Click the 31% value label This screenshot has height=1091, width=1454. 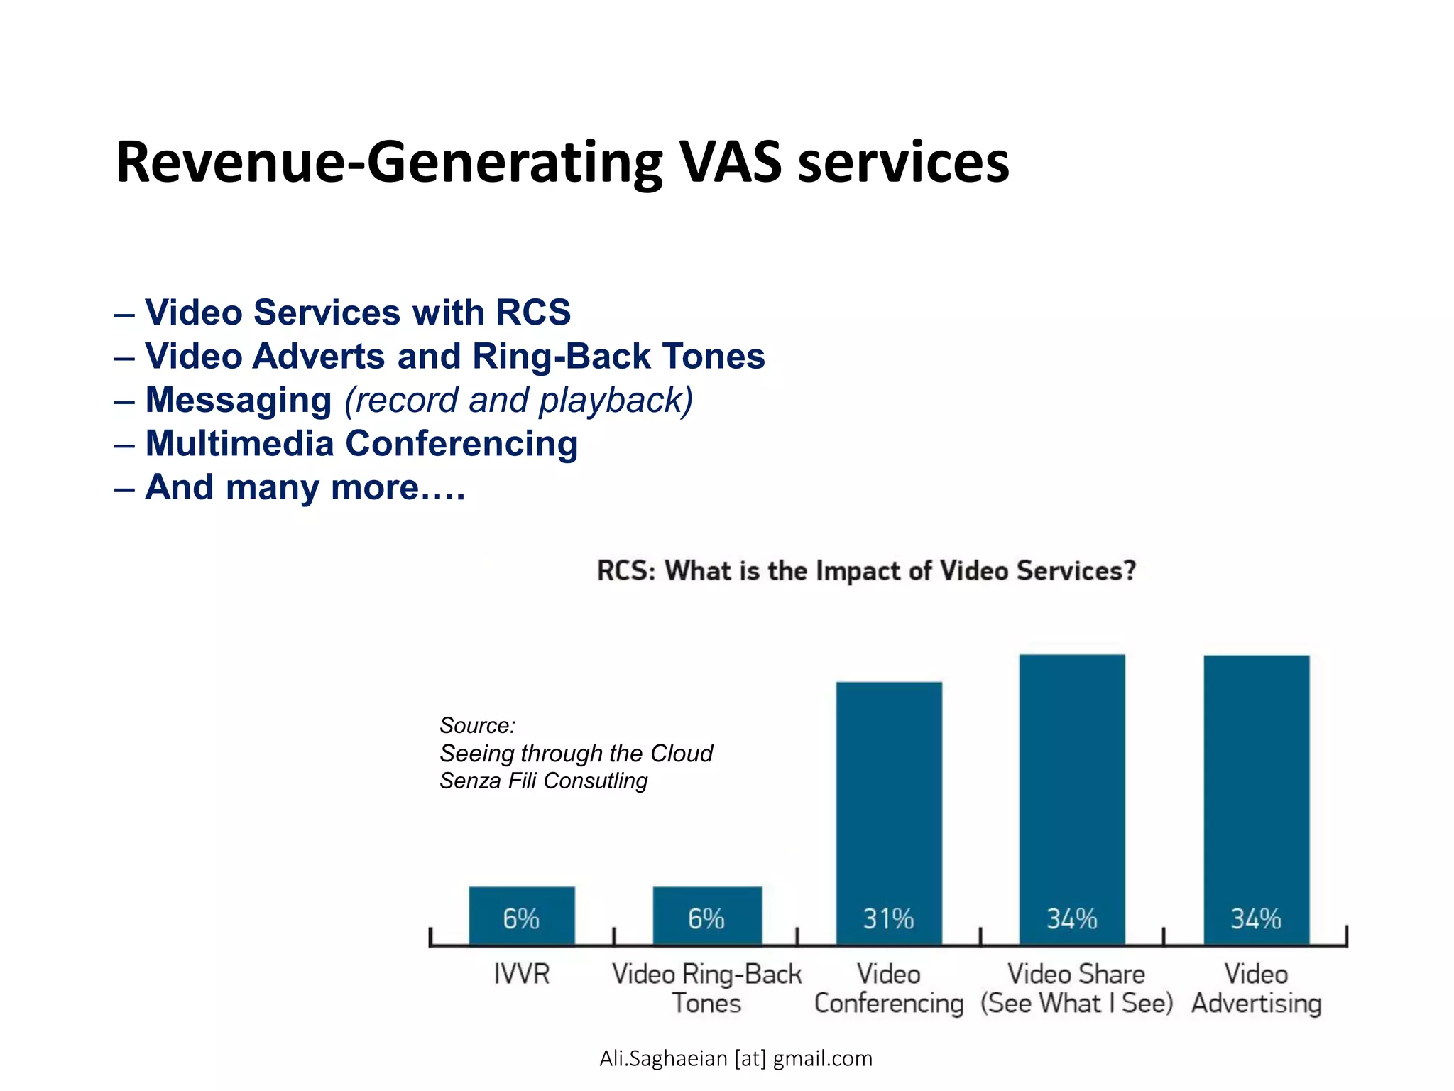[888, 919]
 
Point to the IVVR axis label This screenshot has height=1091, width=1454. [522, 974]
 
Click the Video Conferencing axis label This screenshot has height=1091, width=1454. [889, 989]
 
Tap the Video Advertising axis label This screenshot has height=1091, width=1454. [1256, 989]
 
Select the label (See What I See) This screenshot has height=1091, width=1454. [1076, 1004]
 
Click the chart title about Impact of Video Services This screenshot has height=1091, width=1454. [866, 571]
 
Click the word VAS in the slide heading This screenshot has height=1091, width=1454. [731, 163]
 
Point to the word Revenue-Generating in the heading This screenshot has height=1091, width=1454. [389, 163]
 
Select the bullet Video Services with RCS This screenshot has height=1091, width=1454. [358, 313]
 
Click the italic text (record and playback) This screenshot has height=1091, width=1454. [518, 400]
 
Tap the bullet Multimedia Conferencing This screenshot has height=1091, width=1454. [361, 444]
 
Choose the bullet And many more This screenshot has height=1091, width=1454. [305, 488]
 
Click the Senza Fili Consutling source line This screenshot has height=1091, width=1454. [543, 781]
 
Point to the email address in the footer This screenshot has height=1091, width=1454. [736, 1058]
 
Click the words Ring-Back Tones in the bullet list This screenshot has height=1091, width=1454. [618, 357]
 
